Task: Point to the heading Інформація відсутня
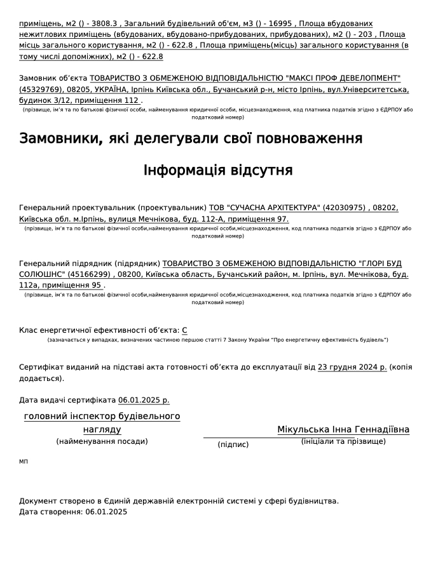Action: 218,170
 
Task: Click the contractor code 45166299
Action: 90,274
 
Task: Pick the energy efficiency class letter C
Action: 184,330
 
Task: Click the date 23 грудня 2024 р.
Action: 352,367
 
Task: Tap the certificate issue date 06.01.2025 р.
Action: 144,400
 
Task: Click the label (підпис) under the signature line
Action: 233,444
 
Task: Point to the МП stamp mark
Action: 24,461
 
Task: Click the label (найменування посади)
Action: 102,441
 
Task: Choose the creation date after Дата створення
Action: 106,512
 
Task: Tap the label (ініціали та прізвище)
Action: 343,441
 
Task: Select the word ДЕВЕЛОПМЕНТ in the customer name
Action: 366,77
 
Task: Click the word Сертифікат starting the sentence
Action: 40,367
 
